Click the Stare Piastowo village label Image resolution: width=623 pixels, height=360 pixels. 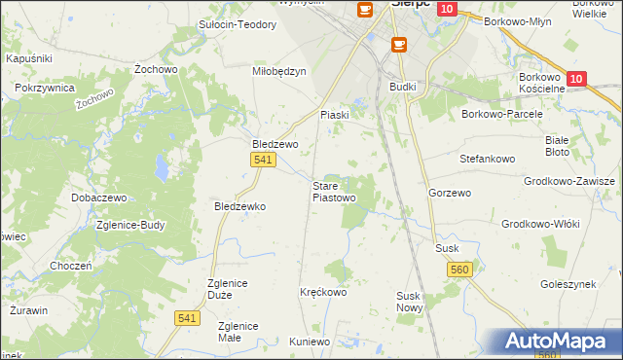tap(333, 191)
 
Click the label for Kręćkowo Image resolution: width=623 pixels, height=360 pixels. tap(323, 292)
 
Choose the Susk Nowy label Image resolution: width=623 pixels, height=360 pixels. tap(408, 302)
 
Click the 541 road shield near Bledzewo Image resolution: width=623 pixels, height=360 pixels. tap(261, 160)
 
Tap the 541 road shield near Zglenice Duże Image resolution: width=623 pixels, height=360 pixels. tap(189, 317)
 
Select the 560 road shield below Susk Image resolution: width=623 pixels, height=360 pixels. tap(460, 269)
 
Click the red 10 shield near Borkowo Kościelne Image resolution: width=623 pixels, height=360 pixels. tap(576, 79)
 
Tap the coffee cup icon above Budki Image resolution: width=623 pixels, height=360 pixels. tap(398, 45)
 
